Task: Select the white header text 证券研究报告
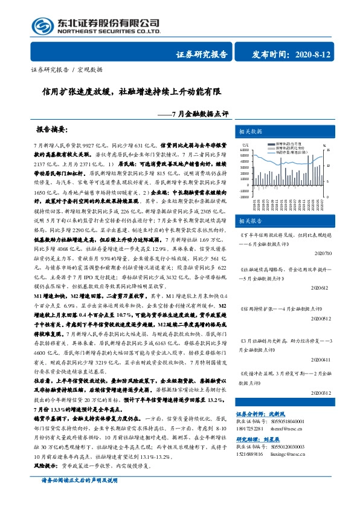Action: (x=202, y=54)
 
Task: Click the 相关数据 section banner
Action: (x=251, y=131)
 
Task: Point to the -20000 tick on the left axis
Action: (x=244, y=196)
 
